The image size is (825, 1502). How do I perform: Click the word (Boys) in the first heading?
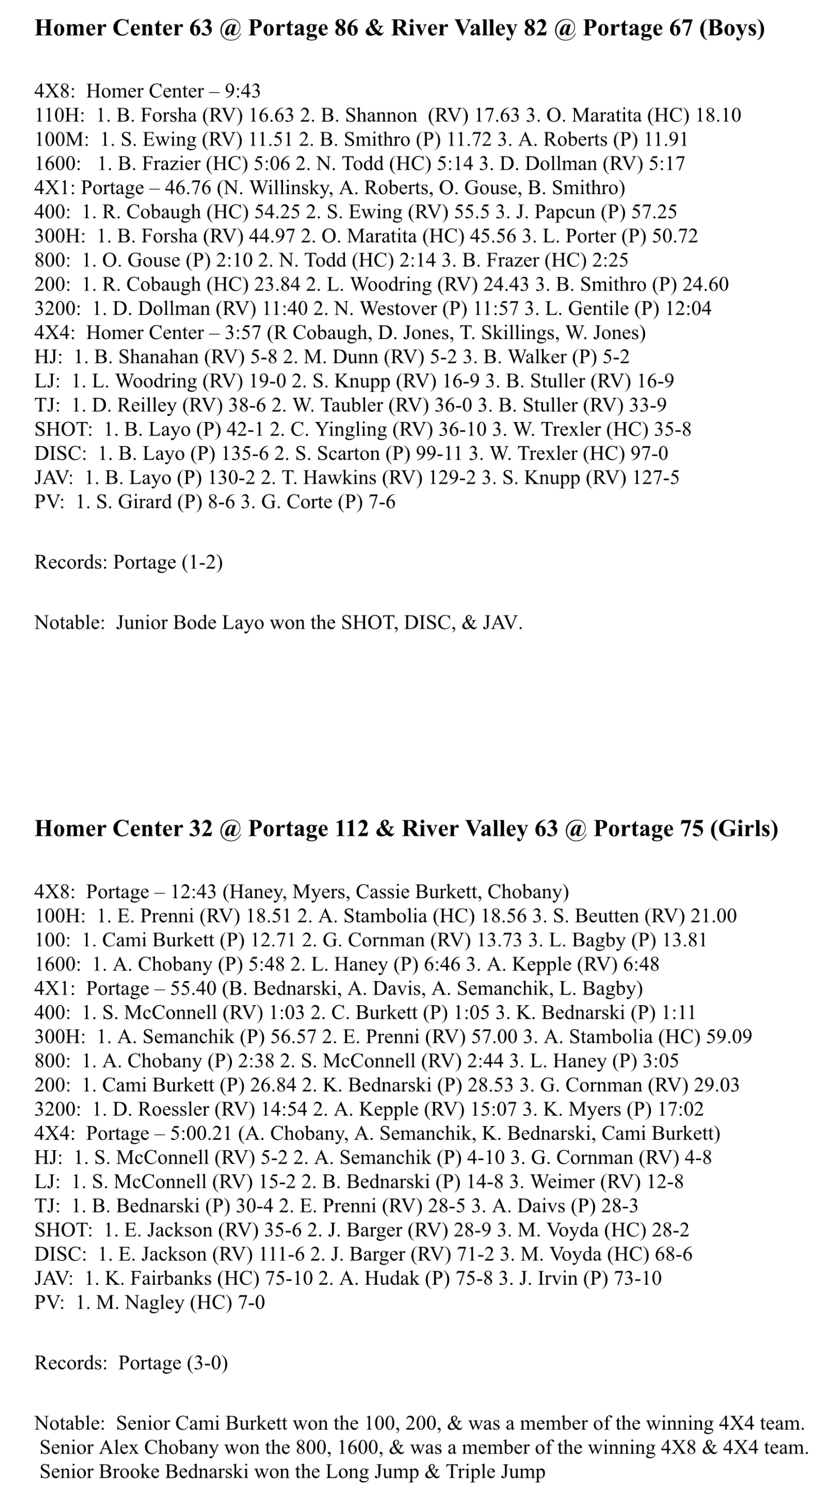click(x=731, y=28)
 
